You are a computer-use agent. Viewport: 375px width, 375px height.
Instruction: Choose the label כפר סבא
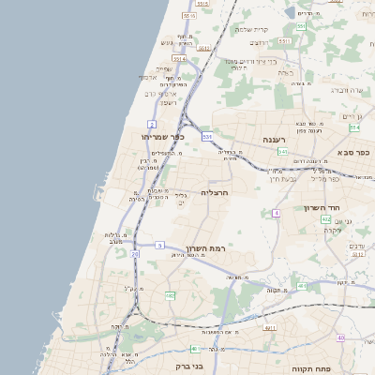pos(354,153)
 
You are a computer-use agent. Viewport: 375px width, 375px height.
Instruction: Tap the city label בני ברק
pos(189,367)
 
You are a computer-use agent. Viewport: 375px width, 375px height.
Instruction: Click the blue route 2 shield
pos(152,124)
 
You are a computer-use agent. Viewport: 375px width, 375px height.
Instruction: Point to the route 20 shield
pos(135,254)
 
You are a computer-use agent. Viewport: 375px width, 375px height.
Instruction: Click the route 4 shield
pos(277,214)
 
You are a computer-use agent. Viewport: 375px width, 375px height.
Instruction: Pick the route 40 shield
pos(340,337)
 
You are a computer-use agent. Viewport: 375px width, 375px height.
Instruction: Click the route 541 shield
pos(282,151)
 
